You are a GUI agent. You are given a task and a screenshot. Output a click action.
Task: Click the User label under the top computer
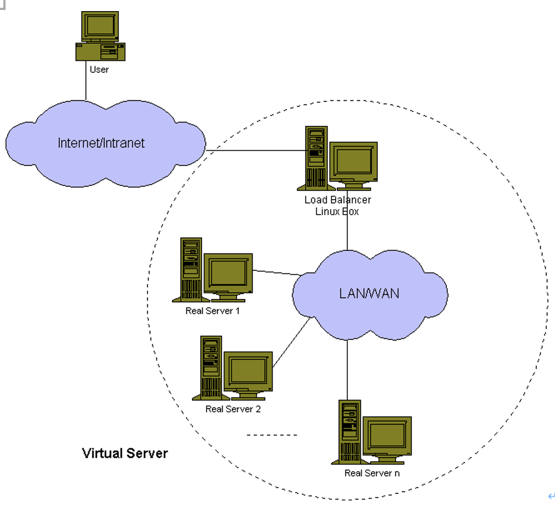click(99, 69)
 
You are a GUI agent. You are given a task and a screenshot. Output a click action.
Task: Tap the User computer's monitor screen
click(100, 26)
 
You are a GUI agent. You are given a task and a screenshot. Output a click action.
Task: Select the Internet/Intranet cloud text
click(101, 143)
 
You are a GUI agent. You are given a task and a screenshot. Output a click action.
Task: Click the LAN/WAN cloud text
click(369, 294)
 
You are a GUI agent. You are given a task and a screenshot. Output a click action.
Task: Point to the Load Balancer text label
click(337, 200)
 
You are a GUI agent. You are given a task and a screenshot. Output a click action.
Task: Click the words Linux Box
click(337, 211)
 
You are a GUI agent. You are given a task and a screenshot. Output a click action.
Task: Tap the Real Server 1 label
click(213, 311)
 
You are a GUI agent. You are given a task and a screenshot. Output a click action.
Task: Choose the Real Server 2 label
click(233, 409)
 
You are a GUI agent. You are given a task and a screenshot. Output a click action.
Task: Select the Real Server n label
click(372, 473)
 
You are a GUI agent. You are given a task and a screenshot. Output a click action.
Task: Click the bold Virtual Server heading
click(125, 453)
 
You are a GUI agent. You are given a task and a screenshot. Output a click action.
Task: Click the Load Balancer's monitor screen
click(354, 161)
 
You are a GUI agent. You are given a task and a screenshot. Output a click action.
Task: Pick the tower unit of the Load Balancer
click(316, 158)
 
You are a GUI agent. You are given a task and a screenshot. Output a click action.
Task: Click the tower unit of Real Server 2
click(211, 368)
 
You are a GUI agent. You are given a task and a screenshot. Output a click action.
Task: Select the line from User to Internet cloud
click(85, 80)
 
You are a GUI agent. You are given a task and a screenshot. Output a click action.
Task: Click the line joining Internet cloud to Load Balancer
click(256, 150)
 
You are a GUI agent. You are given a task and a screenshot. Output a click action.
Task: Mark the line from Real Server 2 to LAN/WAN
click(292, 342)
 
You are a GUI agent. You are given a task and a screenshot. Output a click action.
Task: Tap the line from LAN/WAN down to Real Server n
click(347, 370)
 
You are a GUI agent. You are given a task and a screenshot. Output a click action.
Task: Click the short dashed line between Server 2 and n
click(272, 435)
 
